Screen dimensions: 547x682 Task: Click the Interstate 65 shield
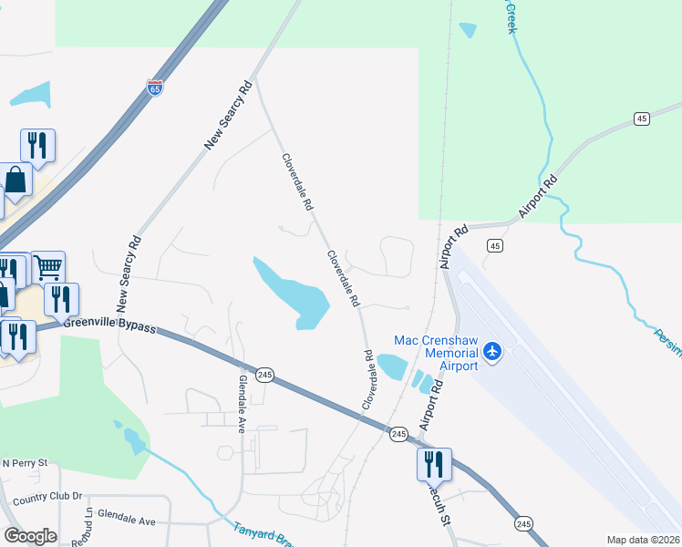click(155, 88)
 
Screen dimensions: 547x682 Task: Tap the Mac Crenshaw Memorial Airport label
click(436, 353)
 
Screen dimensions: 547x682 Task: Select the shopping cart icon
click(48, 267)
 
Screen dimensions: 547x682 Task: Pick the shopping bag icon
click(15, 180)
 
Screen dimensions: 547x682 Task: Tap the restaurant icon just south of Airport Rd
click(434, 464)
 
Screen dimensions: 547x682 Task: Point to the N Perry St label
click(24, 464)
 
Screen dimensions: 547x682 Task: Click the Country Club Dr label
click(47, 497)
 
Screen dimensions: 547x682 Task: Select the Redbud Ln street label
click(88, 527)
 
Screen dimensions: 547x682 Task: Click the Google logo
click(30, 536)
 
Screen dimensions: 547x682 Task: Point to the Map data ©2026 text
click(643, 540)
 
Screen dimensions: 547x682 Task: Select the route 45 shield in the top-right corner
click(643, 119)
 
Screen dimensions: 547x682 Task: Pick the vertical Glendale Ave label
click(243, 402)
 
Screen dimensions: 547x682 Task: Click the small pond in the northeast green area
click(468, 30)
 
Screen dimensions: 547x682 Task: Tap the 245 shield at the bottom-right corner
click(522, 522)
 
